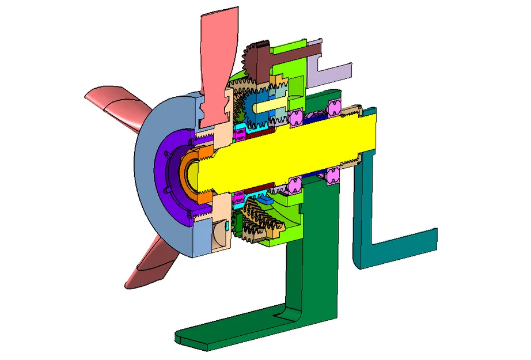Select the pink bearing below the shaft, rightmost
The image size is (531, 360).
(x=332, y=176)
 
